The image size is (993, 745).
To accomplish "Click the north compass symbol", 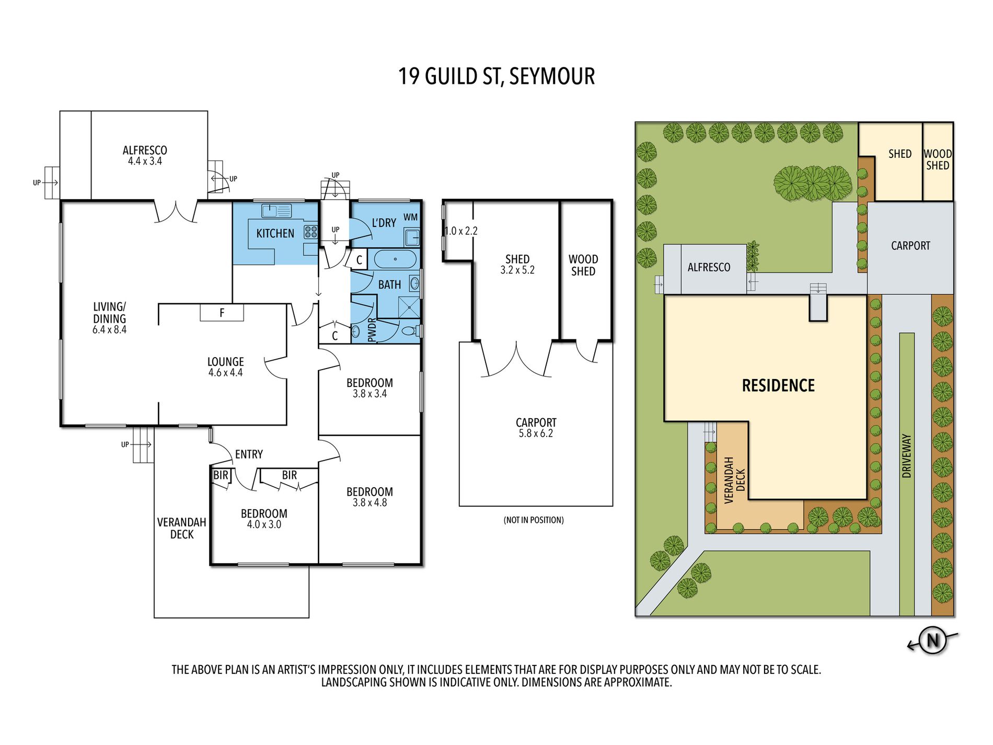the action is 933,640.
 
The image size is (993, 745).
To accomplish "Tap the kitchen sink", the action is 276,211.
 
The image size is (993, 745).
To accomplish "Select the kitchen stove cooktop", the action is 311,232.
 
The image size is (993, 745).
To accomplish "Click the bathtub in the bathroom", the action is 396,259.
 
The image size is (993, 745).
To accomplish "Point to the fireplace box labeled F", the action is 222,313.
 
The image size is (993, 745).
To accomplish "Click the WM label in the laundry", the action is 411,217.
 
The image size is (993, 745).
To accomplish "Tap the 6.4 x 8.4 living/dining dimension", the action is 110,330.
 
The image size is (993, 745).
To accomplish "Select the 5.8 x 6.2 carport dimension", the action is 536,433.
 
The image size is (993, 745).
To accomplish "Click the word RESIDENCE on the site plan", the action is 779,386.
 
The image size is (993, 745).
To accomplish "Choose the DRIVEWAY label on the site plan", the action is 907,455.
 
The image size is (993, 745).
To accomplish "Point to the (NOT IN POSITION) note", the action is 534,520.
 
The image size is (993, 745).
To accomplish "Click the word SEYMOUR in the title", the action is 552,76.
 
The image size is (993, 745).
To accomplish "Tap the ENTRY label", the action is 249,454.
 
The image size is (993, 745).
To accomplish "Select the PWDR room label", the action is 372,330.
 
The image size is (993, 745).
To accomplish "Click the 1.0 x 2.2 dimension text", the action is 461,231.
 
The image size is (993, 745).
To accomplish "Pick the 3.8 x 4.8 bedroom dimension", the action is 370,502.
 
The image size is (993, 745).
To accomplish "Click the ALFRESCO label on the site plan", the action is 709,267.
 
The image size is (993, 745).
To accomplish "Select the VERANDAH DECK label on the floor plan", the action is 182,528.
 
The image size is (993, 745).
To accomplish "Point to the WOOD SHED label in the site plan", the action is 938,159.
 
